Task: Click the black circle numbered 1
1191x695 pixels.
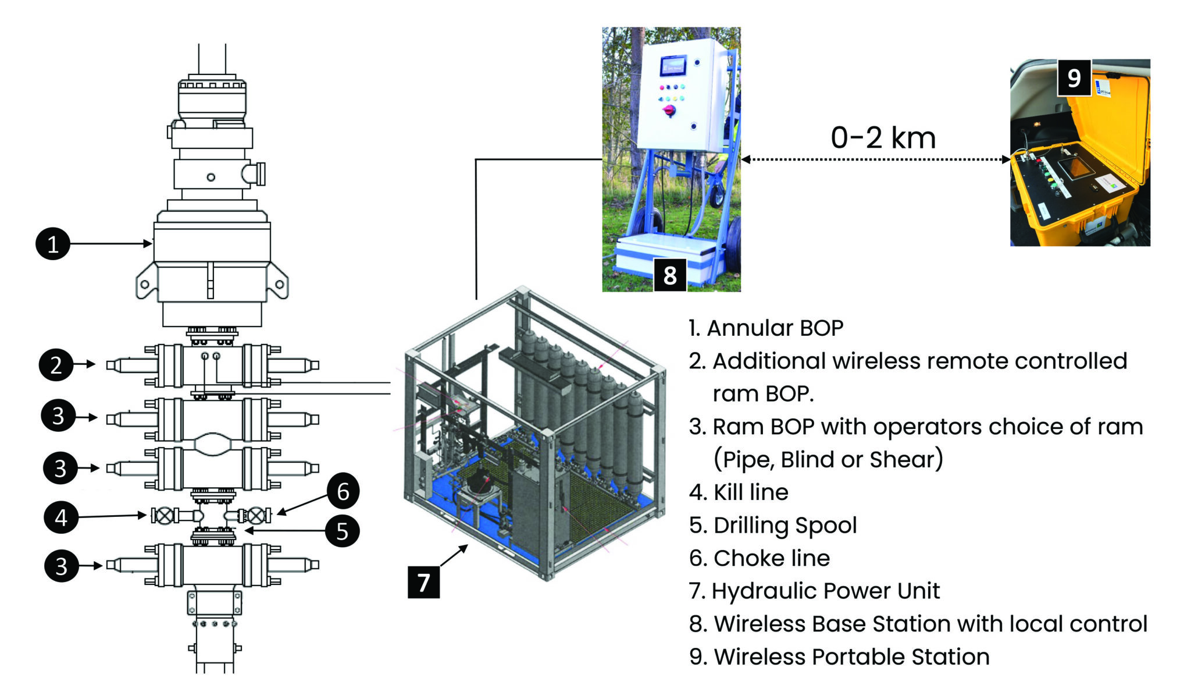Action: click(x=53, y=243)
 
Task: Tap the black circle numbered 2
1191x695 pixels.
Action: click(x=56, y=364)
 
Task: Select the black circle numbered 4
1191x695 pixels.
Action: click(x=61, y=517)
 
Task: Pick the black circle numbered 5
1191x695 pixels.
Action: click(x=342, y=530)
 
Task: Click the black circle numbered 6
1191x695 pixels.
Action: click(x=343, y=491)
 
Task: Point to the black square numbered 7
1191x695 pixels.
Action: click(x=423, y=581)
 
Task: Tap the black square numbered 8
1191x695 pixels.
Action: click(x=670, y=275)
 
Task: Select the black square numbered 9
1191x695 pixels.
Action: click(x=1074, y=77)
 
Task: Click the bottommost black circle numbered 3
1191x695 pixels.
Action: click(x=62, y=565)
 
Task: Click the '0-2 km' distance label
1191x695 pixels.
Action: click(x=883, y=138)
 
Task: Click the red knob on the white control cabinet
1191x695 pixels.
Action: click(x=669, y=110)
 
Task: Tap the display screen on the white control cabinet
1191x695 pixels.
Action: click(x=673, y=66)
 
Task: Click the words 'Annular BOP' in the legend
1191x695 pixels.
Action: click(x=775, y=328)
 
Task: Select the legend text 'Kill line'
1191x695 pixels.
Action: click(x=750, y=492)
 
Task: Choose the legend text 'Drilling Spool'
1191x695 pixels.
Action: click(x=785, y=525)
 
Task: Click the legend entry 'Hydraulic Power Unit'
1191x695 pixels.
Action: click(x=825, y=591)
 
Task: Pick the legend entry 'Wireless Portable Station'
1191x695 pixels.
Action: click(x=851, y=657)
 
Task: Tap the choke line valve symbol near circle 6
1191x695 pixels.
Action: click(x=256, y=516)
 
